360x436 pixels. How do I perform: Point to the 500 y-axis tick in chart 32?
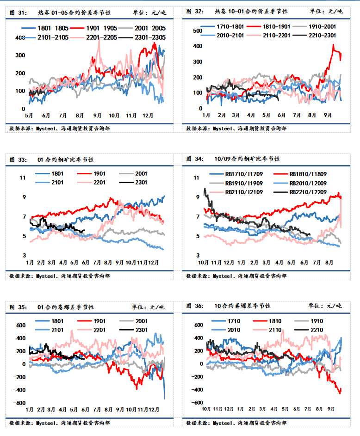(198, 31)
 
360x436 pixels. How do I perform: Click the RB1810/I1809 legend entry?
(308, 174)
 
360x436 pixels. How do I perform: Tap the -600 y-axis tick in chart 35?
(19, 403)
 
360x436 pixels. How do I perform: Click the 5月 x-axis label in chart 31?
(28, 115)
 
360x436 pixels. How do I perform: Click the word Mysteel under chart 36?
(223, 423)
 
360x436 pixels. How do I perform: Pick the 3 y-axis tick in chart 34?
(197, 255)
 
